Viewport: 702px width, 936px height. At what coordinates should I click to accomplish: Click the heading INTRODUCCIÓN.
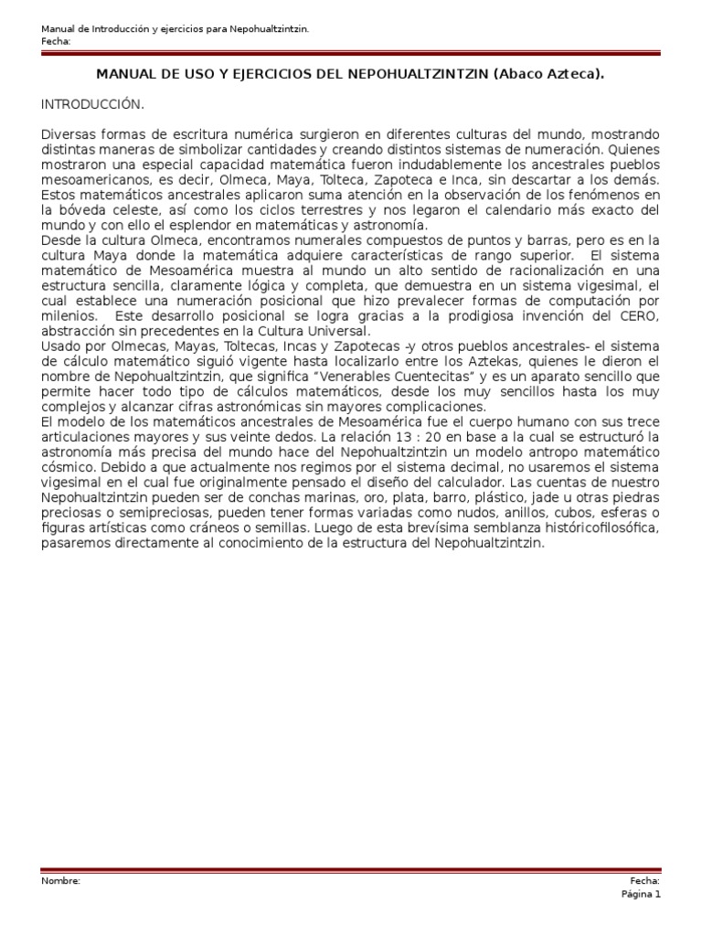(92, 105)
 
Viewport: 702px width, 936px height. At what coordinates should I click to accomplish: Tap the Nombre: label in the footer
(61, 881)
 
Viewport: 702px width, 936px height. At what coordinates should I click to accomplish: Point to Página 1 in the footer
(641, 895)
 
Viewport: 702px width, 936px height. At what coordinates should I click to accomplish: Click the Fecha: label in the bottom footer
(645, 881)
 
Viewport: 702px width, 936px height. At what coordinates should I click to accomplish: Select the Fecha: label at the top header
(56, 42)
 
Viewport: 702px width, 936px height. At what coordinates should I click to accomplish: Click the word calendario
(526, 210)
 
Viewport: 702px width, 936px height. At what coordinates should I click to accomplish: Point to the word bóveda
(81, 210)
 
